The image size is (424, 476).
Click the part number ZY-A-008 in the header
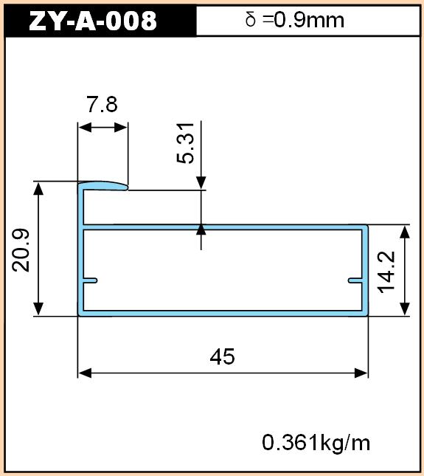93,21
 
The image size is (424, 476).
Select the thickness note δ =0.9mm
295,20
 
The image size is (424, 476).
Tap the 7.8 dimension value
102,104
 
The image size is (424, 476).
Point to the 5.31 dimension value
185,143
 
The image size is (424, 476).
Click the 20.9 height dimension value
21,250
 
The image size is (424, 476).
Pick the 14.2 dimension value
386,272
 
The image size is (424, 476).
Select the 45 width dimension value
222,356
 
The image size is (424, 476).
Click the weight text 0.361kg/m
316,443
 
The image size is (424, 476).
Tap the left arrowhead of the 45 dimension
85,373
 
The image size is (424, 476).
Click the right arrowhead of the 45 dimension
361,373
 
